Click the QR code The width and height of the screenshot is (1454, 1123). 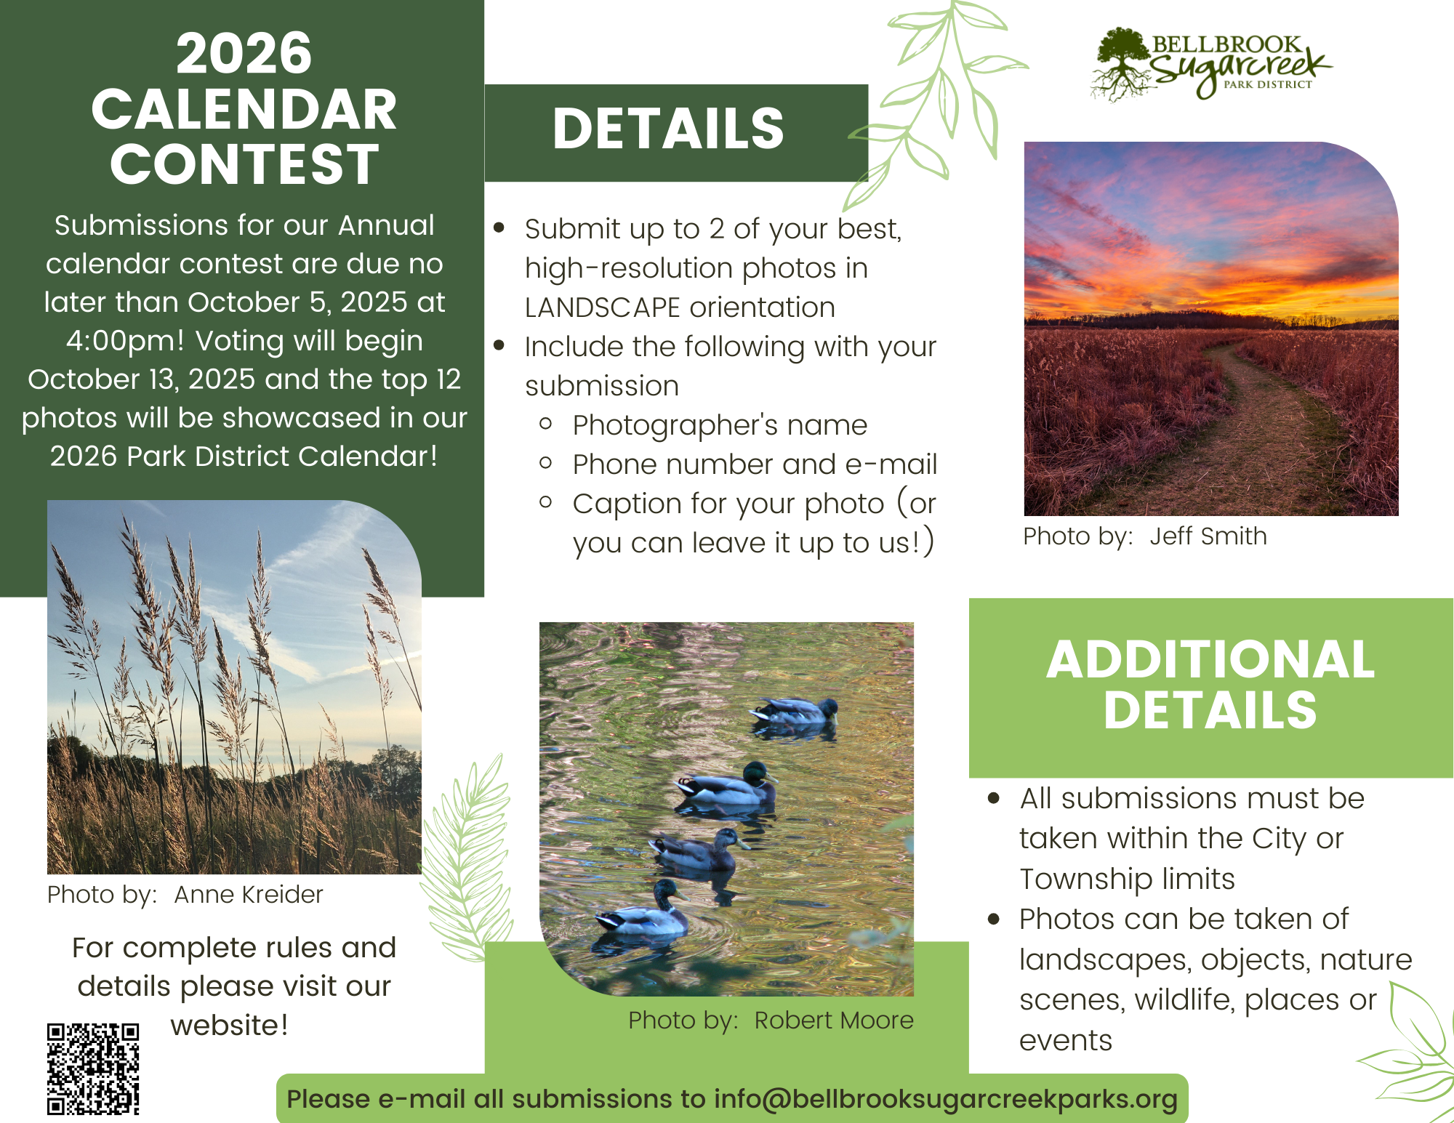click(93, 1068)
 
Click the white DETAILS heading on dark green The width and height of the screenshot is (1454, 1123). click(668, 129)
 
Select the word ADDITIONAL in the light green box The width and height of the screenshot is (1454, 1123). click(1210, 659)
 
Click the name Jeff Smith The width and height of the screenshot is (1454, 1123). click(1208, 536)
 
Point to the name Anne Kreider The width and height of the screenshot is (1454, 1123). click(249, 894)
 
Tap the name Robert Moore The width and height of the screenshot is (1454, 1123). click(834, 1021)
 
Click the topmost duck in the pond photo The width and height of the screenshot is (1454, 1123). click(795, 711)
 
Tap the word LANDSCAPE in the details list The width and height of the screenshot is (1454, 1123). click(603, 307)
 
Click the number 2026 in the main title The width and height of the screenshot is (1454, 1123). click(244, 53)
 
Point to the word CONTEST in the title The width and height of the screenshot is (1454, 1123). click(244, 164)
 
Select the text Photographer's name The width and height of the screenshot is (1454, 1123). click(720, 426)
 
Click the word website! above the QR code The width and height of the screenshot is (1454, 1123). click(229, 1026)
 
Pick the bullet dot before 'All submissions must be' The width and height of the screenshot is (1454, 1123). click(994, 799)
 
